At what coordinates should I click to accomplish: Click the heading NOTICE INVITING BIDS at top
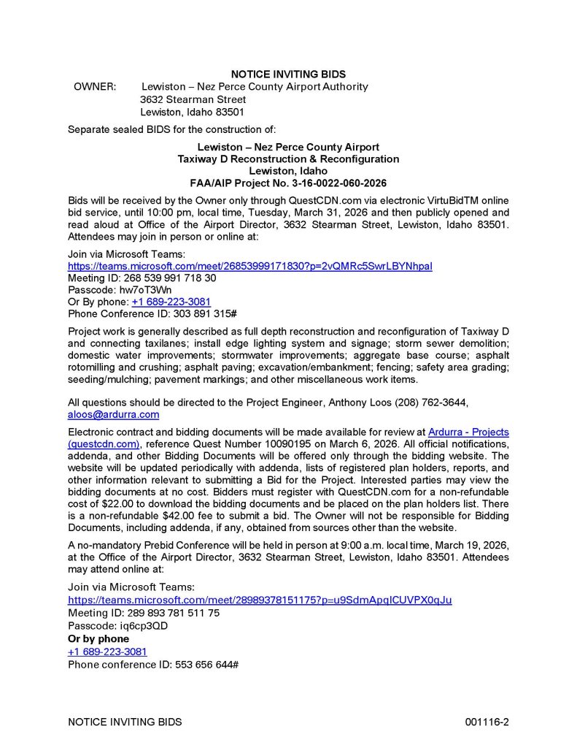coord(288,74)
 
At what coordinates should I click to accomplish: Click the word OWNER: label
coord(95,87)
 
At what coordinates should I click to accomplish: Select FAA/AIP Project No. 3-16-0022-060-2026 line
coord(288,183)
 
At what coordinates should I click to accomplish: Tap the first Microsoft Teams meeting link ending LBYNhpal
coord(249,266)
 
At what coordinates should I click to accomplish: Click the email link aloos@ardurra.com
coord(113,414)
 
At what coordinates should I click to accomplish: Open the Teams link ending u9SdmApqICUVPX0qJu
coord(260,600)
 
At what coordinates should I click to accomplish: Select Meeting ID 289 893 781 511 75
coord(144,613)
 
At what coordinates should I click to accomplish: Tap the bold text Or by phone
coord(98,638)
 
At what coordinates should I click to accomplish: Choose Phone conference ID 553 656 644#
coord(154,664)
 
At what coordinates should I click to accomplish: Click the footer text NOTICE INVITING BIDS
coord(125,722)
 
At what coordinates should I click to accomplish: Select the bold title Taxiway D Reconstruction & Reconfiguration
coord(288,159)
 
